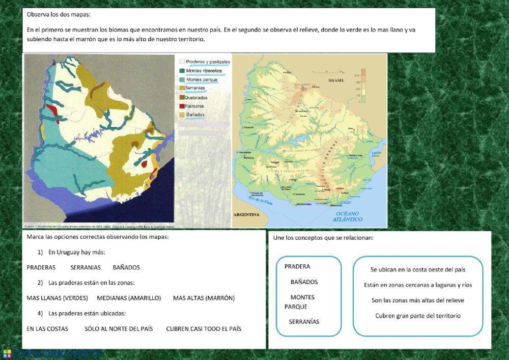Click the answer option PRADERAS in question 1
(41, 267)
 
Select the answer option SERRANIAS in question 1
(86, 267)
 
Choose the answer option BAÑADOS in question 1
(126, 267)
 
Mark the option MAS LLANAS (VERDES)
(57, 298)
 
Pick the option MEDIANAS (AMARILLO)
(129, 298)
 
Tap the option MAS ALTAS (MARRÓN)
(204, 298)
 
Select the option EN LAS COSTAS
(47, 329)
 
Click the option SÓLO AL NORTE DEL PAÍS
(119, 329)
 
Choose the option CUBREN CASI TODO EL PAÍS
(204, 329)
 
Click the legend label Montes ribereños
(204, 71)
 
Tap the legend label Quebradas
(197, 97)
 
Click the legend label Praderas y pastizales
(208, 62)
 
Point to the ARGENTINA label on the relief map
(246, 215)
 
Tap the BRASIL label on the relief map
(336, 80)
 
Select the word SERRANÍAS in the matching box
(304, 322)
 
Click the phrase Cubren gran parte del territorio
(418, 316)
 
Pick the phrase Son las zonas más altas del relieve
(418, 300)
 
